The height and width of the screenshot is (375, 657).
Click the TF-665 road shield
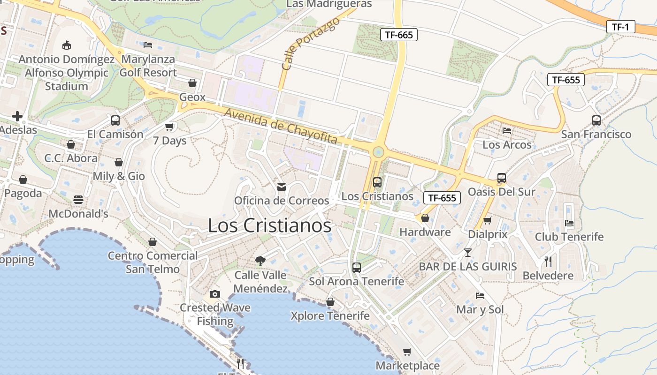coord(398,34)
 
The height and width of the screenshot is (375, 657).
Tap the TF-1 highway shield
coord(620,27)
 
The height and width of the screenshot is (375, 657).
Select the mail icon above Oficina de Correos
coord(282,187)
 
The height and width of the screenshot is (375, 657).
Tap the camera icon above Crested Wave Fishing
coord(215,294)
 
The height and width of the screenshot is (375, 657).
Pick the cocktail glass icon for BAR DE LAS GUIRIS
coord(467,253)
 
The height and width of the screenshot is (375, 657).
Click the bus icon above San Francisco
coord(596,120)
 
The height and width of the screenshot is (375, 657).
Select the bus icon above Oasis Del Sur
coord(502,178)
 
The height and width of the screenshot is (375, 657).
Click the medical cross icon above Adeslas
coord(17,116)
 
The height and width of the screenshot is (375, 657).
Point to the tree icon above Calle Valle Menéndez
coord(260,261)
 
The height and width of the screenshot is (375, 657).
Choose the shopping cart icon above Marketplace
coord(407,352)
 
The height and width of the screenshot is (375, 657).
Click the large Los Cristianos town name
coord(269,225)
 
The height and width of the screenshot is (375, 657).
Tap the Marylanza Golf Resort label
coord(148,66)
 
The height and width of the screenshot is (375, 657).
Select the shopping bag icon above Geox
coord(192,83)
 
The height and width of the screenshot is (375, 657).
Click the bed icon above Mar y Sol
coord(480,295)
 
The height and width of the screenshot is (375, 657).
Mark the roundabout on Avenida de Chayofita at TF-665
coord(378,152)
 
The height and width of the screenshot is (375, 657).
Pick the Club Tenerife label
coord(569,237)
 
